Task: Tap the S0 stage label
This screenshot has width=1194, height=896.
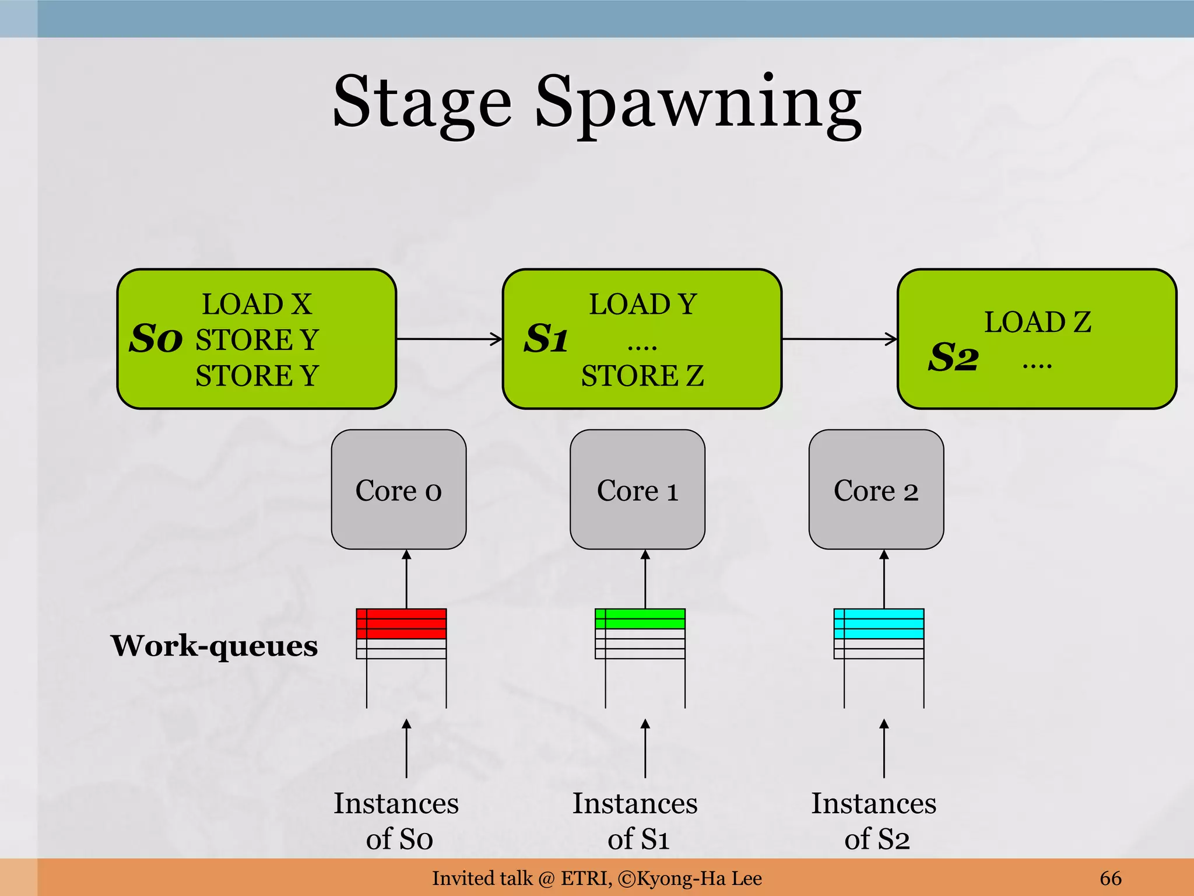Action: click(x=155, y=339)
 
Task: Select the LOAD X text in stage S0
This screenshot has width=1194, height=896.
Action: click(x=257, y=304)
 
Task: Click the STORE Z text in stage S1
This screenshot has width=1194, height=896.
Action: click(x=642, y=376)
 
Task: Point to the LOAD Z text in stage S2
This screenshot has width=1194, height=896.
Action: click(x=1038, y=322)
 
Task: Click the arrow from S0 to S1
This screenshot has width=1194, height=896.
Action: click(x=449, y=339)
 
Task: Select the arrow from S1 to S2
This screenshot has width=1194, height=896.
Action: click(x=839, y=339)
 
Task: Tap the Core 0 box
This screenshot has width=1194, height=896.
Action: click(x=399, y=490)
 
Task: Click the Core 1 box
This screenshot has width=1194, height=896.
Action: click(x=637, y=490)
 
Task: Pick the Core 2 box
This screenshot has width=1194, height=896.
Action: click(x=876, y=490)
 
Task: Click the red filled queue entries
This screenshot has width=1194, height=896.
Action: click(x=401, y=624)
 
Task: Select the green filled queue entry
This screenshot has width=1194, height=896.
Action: click(x=640, y=618)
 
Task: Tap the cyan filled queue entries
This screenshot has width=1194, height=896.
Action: click(x=879, y=624)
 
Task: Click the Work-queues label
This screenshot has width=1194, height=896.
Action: click(x=215, y=646)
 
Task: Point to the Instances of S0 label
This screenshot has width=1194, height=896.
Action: click(x=396, y=821)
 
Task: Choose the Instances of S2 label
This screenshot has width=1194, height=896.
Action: click(x=874, y=821)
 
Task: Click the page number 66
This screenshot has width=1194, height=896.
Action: click(x=1110, y=878)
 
